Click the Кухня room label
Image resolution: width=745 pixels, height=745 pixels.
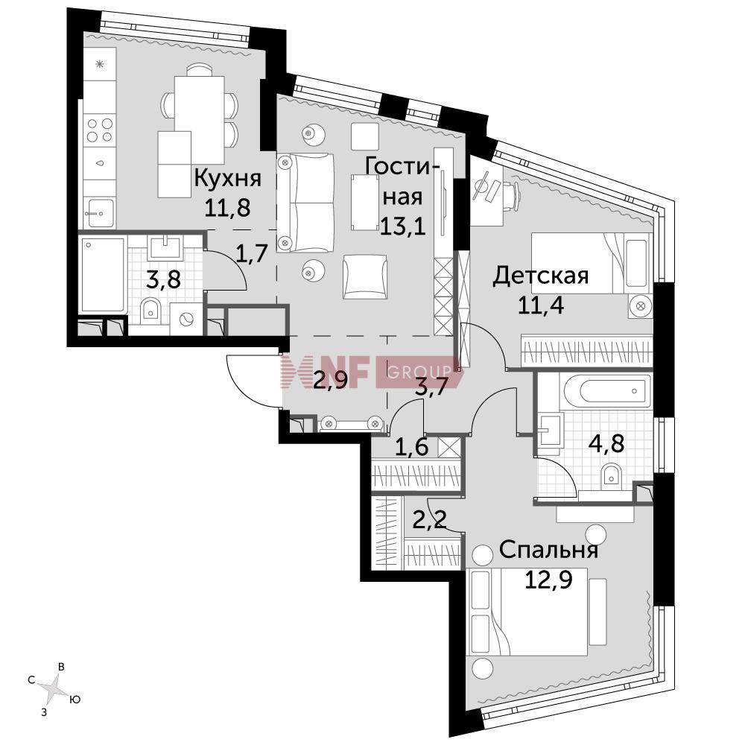coord(228,179)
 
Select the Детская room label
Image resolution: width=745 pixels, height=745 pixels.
coord(540,276)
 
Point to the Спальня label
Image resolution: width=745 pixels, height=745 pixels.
coord(549,551)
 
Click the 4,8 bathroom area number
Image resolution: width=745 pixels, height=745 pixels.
coord(606,444)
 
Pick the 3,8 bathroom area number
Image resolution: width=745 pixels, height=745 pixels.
coord(163,280)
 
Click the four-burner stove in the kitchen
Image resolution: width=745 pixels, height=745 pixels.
coord(100,130)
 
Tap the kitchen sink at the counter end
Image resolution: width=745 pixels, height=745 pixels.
coord(99,213)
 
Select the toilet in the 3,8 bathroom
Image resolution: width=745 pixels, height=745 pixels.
coord(151,311)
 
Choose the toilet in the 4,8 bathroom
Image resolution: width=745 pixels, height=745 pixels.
coord(612,477)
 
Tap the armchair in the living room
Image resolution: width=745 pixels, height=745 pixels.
coord(364,277)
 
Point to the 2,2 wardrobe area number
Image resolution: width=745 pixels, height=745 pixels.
coord(430,519)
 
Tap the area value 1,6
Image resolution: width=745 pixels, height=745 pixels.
coord(412,447)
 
